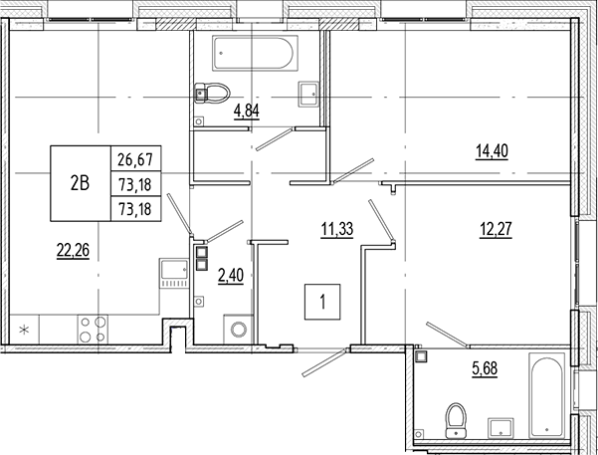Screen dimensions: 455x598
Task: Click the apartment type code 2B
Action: (80, 182)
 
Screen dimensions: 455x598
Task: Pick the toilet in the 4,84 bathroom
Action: (208, 94)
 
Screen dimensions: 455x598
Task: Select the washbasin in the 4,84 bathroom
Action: (307, 94)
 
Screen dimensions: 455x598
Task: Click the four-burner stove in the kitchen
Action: (94, 329)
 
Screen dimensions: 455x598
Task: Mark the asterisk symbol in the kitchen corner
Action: (25, 328)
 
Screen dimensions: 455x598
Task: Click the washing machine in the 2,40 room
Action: (238, 329)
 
